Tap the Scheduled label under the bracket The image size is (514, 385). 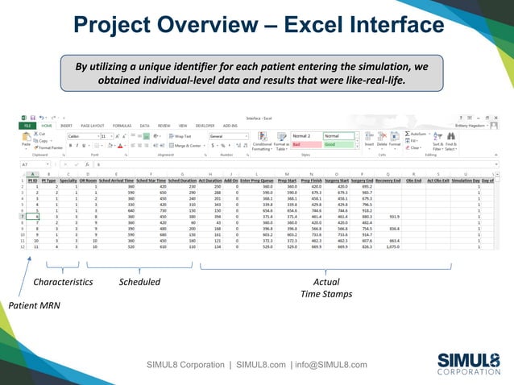[139, 283]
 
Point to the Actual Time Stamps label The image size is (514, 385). [325, 288]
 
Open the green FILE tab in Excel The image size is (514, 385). [27, 126]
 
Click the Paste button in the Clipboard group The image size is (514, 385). [26, 142]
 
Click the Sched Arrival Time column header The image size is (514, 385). [116, 181]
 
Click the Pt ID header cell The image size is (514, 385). [33, 181]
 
